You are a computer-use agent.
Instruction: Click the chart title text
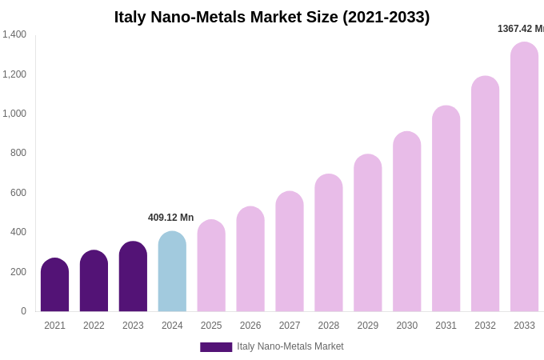(x=272, y=17)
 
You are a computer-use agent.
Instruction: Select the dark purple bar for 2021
(x=54, y=286)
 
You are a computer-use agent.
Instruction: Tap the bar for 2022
(x=94, y=282)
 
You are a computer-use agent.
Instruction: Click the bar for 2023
(x=133, y=278)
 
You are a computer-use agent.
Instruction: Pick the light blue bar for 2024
(x=172, y=272)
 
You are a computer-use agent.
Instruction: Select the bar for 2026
(x=250, y=260)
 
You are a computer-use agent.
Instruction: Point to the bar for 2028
(x=328, y=244)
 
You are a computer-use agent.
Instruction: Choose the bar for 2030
(x=406, y=222)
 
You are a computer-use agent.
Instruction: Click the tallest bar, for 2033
(x=524, y=178)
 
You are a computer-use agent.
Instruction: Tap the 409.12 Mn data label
(x=170, y=218)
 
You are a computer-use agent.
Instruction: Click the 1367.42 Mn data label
(x=521, y=29)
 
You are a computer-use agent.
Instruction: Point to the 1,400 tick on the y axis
(x=14, y=34)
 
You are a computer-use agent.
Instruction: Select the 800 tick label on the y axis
(x=18, y=153)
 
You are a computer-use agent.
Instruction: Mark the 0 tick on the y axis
(x=23, y=311)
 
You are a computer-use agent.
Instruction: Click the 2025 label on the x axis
(x=211, y=326)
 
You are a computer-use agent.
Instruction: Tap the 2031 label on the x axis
(x=446, y=326)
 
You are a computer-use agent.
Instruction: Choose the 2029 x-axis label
(x=367, y=326)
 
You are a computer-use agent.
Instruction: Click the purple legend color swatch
(x=216, y=347)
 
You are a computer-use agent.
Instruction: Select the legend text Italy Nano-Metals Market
(x=290, y=346)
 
